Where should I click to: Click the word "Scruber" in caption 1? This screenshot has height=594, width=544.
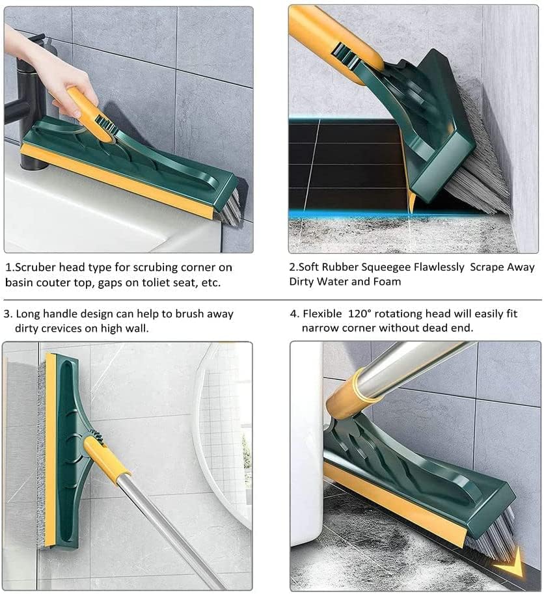(x=36, y=267)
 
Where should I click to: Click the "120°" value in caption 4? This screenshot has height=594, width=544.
(x=359, y=314)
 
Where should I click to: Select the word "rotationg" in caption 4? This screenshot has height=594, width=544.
(x=398, y=314)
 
